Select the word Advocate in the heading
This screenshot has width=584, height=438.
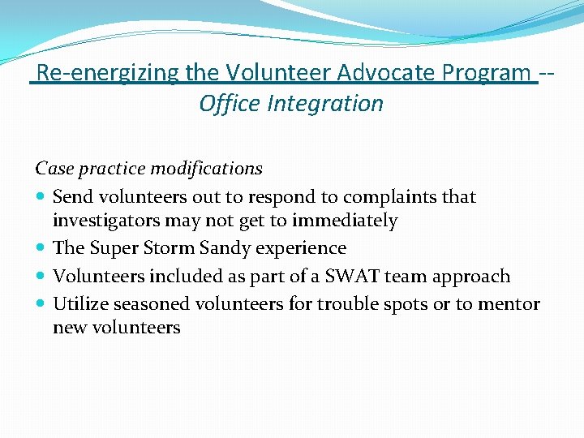pyautogui.click(x=387, y=73)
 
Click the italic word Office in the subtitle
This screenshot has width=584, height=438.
pyautogui.click(x=230, y=104)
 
